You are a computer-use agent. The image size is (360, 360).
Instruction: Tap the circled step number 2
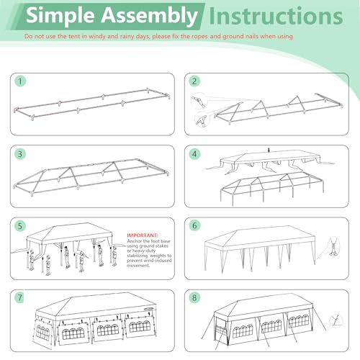tap(194, 81)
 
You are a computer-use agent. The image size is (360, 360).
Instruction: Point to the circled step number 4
tap(194, 153)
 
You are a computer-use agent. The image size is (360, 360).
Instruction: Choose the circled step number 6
tap(194, 225)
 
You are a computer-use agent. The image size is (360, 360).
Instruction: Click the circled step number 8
tap(194, 297)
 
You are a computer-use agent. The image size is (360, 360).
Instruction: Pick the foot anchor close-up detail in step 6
tap(333, 254)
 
